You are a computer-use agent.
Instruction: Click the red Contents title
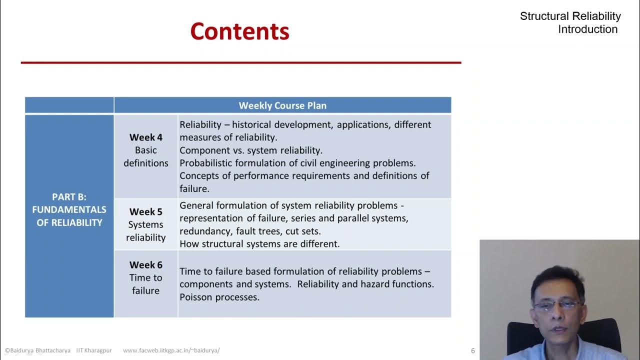(239, 31)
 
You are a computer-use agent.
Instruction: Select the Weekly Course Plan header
(282, 105)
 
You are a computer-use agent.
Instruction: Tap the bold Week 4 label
(145, 137)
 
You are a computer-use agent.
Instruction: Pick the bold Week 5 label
(145, 212)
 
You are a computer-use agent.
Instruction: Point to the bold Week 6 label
(145, 265)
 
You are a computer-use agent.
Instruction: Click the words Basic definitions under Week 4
(145, 156)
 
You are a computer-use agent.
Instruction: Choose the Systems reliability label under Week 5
(145, 231)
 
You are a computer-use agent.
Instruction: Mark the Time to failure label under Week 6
(145, 284)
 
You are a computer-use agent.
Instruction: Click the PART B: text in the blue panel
(69, 197)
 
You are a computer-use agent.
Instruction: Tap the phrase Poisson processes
(219, 297)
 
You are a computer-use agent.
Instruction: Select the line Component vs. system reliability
(251, 150)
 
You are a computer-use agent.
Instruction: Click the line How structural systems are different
(259, 244)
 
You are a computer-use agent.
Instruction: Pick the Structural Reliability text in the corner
(570, 16)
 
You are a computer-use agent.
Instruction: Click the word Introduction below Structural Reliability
(587, 29)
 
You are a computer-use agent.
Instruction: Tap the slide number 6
(473, 350)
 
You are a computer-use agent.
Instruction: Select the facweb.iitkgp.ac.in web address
(171, 350)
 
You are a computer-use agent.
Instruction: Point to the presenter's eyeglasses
(556, 304)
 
